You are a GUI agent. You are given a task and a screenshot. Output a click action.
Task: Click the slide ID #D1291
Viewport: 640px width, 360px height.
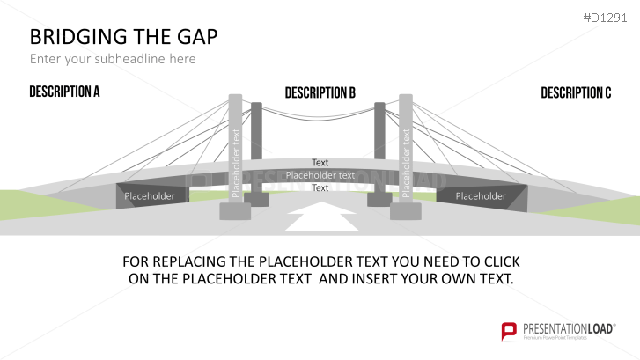pyautogui.click(x=609, y=16)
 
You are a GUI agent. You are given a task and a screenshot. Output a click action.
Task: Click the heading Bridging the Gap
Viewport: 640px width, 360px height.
pyautogui.click(x=124, y=37)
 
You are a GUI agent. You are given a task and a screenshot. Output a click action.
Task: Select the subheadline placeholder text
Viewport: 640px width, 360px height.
pyautogui.click(x=113, y=59)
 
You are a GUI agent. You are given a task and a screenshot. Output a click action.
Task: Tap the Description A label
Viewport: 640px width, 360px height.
pyautogui.click(x=64, y=92)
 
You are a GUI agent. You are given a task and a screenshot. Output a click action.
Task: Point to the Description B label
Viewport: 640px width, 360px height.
pyautogui.click(x=320, y=92)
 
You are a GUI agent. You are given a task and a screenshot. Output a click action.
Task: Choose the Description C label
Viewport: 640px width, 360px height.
pyautogui.click(x=576, y=92)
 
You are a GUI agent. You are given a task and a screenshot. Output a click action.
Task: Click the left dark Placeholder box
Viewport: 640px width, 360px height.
pyautogui.click(x=150, y=196)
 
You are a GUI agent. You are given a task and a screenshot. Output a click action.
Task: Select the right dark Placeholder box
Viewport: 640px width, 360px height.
pyautogui.click(x=481, y=196)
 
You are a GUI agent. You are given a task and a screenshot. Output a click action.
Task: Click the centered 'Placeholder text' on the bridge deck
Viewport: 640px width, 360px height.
pyautogui.click(x=320, y=175)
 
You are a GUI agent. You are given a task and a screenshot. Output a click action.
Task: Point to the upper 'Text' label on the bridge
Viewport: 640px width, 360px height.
pyautogui.click(x=320, y=163)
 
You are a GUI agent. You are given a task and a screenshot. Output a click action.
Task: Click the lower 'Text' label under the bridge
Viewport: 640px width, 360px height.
pyautogui.click(x=320, y=187)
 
